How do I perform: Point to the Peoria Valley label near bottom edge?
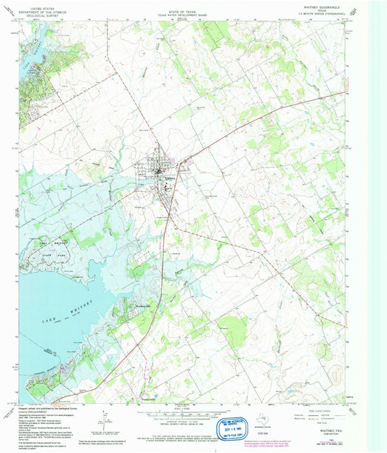(x=148, y=398)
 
